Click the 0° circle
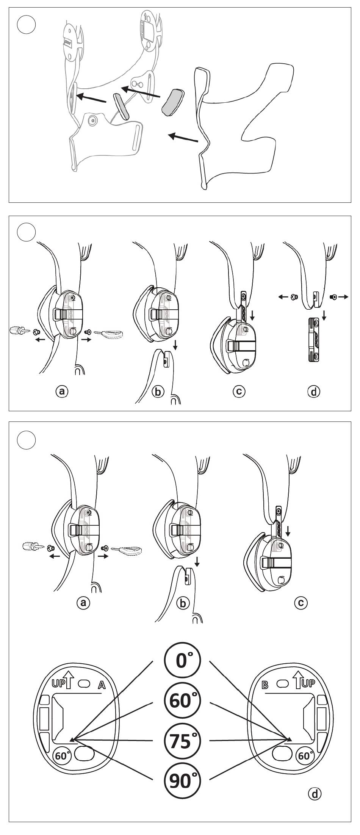[182, 661]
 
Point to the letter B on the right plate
[265, 685]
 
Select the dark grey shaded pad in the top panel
[172, 101]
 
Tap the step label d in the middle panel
[313, 391]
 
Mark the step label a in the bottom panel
[83, 602]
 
